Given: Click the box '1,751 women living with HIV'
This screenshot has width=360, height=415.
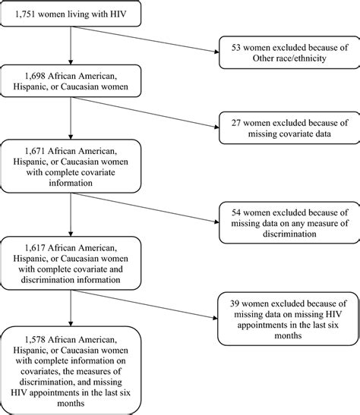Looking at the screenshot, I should click(x=70, y=15).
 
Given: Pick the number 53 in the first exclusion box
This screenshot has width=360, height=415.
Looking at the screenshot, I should click(x=230, y=47).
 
